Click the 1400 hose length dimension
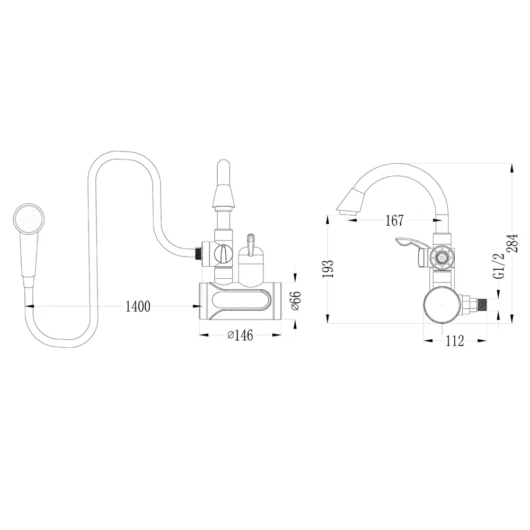(138, 306)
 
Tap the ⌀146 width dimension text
(240, 335)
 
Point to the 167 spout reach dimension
(394, 220)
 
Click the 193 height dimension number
(328, 269)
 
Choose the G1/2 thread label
(498, 266)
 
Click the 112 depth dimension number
(455, 341)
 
